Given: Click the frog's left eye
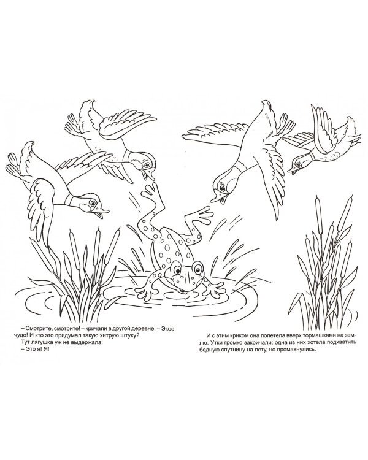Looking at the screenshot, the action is coord(177,268).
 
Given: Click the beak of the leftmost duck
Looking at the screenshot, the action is coord(102,212).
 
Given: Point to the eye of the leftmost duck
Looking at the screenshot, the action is coord(93,203).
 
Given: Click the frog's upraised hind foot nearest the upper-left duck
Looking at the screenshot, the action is coord(150,191).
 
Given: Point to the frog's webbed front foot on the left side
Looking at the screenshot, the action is coord(145,293).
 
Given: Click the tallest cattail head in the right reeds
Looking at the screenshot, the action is coord(318,204).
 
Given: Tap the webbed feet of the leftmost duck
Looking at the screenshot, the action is coord(14,165).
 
